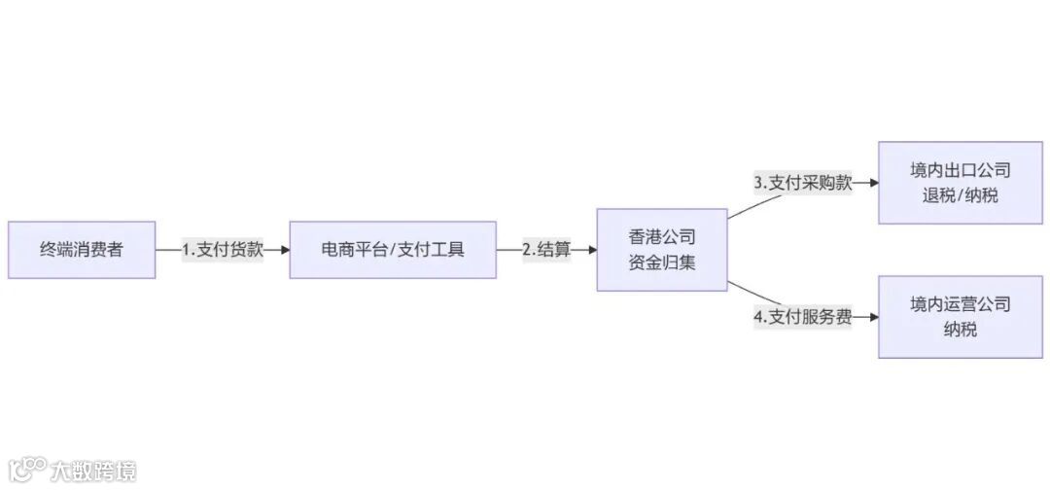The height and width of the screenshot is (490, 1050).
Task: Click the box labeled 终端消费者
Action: point(82,250)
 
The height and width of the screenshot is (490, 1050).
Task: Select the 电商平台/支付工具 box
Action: point(393,250)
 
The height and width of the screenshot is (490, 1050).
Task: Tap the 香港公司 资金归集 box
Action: point(661,250)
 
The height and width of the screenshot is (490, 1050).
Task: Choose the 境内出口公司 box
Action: point(960,183)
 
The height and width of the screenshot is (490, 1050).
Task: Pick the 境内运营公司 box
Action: point(960,317)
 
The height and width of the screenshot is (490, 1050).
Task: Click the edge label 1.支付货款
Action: point(223,250)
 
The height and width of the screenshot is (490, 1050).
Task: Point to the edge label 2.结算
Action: point(546,250)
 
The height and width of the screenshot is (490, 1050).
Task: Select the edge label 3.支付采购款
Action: point(803,183)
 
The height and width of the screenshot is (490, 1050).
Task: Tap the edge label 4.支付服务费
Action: point(803,317)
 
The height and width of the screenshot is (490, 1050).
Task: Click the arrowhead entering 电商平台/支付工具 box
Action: point(285,250)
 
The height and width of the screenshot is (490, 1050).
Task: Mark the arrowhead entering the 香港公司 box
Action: point(592,250)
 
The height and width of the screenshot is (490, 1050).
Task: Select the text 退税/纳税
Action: point(960,194)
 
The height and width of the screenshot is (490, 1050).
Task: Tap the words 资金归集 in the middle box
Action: point(661,262)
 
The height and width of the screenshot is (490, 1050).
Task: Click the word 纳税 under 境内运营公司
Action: point(960,330)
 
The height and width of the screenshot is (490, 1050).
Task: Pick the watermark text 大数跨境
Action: point(93,472)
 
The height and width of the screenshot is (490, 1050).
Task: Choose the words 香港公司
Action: point(661,237)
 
